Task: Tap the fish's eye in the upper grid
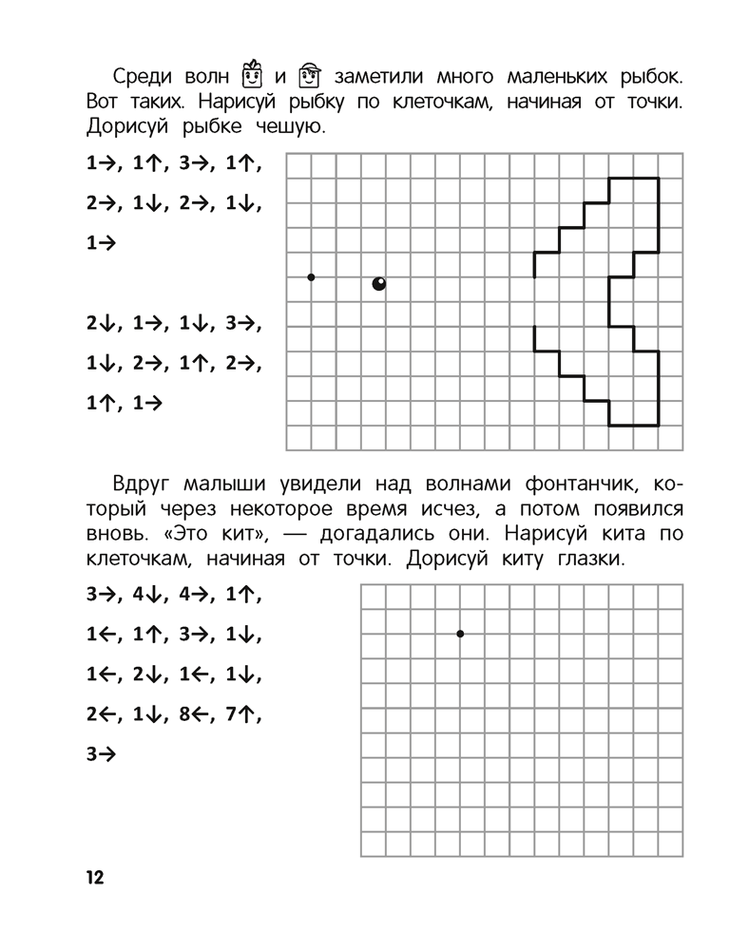[x=379, y=283]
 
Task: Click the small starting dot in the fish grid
[x=311, y=277]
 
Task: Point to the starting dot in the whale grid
[x=460, y=633]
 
